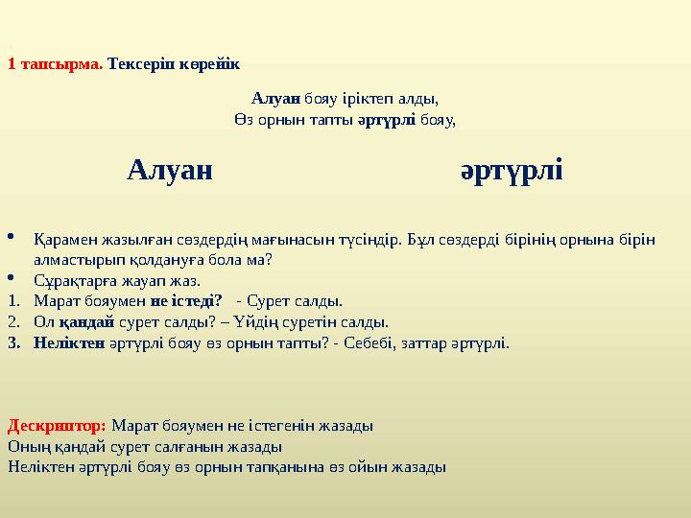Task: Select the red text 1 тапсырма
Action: [x=55, y=64]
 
